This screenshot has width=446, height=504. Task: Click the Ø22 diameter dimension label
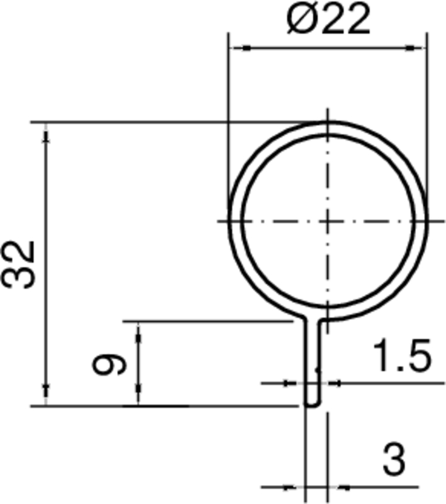(327, 21)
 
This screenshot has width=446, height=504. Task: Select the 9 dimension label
(109, 364)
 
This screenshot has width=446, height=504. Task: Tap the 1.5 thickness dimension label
(401, 357)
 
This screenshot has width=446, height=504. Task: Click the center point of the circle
(328, 220)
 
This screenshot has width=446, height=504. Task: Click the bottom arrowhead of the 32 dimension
(45, 396)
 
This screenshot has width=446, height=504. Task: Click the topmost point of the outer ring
(328, 121)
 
